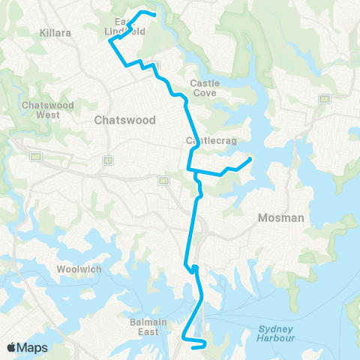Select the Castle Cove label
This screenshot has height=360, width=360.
[x=203, y=88]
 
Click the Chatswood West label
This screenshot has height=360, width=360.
[x=48, y=110]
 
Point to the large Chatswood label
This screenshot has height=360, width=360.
[x=124, y=120]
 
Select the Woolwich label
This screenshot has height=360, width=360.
[x=77, y=269]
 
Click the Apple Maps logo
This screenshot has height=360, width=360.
[x=28, y=347]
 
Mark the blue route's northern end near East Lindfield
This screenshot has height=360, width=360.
[x=154, y=14]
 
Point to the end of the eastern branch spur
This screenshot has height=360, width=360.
[x=250, y=158]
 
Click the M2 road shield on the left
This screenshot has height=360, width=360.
[x=36, y=157]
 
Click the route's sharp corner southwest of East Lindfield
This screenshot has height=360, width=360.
[x=111, y=42]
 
